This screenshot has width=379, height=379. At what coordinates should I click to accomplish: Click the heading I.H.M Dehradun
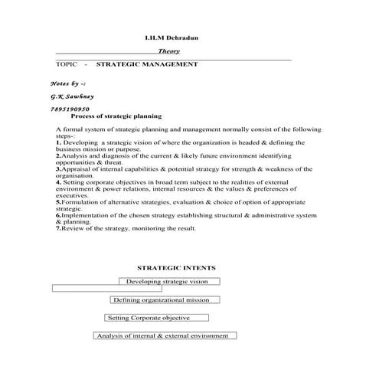(x=175, y=38)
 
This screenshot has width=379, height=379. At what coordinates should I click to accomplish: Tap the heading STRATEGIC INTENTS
(x=175, y=268)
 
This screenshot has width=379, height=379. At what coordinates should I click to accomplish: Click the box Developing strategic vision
(x=168, y=282)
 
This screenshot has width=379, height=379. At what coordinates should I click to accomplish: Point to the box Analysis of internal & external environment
(x=165, y=335)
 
